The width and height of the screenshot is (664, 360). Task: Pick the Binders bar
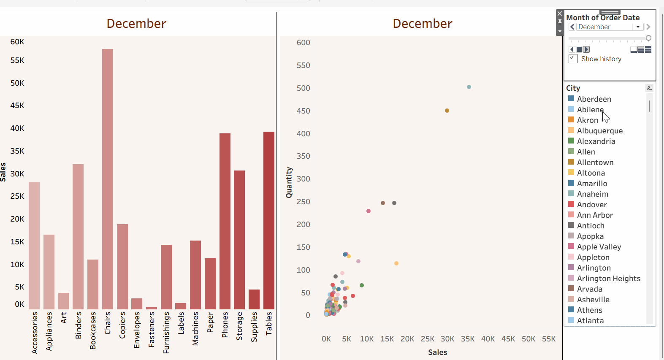[78, 236]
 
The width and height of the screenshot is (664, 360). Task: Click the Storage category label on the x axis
[240, 326]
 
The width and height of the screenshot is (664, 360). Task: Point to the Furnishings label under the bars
[166, 333]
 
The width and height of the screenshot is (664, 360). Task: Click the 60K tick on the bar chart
[17, 42]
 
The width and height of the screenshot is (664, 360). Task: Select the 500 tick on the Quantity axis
[303, 88]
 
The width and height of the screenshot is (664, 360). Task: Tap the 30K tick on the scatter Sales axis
[447, 339]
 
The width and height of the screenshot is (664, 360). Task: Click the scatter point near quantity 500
[469, 87]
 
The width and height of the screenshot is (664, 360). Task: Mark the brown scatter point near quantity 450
[447, 111]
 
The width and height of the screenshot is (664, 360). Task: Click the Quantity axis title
[289, 182]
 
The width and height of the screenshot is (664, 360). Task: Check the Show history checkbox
[573, 59]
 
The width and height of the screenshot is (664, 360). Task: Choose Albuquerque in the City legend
[599, 131]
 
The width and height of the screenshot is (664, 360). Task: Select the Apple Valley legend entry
[599, 247]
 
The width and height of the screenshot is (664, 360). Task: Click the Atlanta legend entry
[590, 321]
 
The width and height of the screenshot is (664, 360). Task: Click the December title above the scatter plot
[422, 24]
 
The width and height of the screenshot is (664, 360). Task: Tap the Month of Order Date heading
[603, 18]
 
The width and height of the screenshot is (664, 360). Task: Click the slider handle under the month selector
[648, 38]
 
